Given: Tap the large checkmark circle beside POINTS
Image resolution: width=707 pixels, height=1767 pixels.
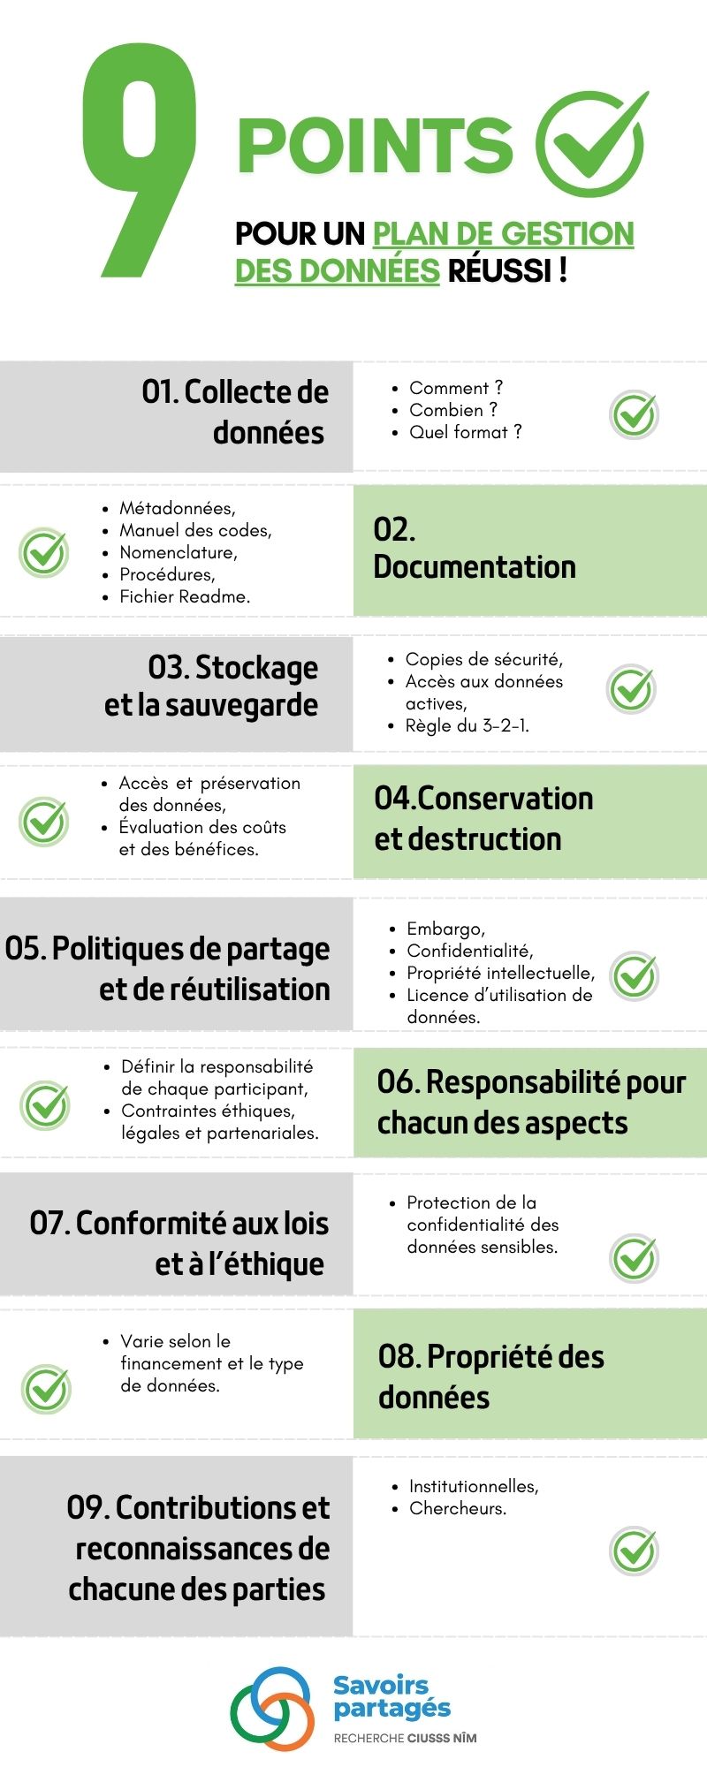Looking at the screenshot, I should (x=591, y=143).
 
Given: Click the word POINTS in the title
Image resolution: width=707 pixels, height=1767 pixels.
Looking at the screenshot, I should (x=375, y=146).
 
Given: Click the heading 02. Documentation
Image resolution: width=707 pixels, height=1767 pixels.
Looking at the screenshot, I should (x=475, y=549).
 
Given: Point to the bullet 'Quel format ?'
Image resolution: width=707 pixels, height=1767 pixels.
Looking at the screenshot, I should (x=465, y=432).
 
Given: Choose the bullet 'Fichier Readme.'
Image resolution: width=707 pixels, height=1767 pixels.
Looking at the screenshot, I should (x=185, y=596).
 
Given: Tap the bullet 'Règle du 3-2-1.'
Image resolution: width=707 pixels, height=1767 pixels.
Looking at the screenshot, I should (x=467, y=725).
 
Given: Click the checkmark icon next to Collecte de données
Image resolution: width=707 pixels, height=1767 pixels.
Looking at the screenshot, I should (x=635, y=414).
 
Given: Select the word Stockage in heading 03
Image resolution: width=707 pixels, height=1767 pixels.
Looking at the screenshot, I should (x=256, y=667).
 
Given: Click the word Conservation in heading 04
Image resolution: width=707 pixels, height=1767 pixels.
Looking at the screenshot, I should (x=505, y=798).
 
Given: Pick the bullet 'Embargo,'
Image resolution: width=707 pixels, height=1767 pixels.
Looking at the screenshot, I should (x=445, y=929).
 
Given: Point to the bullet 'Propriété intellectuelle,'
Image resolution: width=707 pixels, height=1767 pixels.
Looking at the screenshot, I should (x=500, y=973).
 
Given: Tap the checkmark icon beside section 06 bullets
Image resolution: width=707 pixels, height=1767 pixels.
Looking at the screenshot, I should (x=46, y=1104).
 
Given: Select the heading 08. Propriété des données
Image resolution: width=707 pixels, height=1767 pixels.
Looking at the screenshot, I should (x=490, y=1376).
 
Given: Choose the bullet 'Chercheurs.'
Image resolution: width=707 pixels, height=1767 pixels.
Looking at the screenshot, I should (x=458, y=1508).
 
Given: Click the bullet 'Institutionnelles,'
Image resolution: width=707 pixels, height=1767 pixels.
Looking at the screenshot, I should (x=474, y=1486).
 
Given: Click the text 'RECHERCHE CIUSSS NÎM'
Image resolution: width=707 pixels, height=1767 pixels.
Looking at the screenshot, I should (x=405, y=1738).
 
